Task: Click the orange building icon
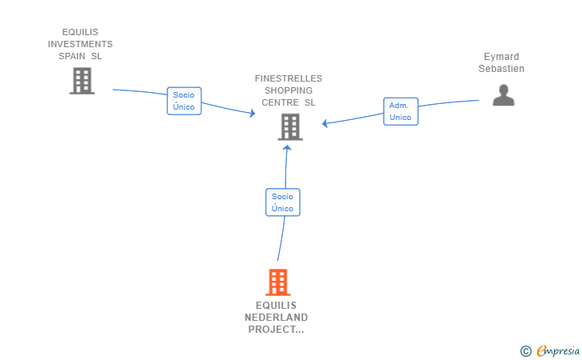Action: click(x=278, y=282)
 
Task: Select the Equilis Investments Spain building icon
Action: click(x=82, y=81)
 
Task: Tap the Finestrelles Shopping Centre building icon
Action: click(x=290, y=127)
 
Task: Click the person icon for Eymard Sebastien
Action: click(x=504, y=95)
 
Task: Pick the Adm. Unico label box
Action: click(x=401, y=111)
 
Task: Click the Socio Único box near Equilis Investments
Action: click(x=184, y=101)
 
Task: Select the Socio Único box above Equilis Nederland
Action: click(x=283, y=202)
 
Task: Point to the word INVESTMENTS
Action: click(x=80, y=44)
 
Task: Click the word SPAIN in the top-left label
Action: click(x=72, y=56)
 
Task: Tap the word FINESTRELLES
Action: click(x=289, y=78)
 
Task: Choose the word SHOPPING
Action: click(x=289, y=90)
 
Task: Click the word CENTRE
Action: click(x=281, y=102)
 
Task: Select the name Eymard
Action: click(x=501, y=57)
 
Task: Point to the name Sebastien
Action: click(x=501, y=69)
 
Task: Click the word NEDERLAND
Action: click(x=276, y=318)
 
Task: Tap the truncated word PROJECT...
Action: click(x=276, y=330)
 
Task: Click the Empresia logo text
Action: click(x=558, y=351)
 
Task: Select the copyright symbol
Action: click(x=526, y=351)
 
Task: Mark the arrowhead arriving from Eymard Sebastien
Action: click(x=325, y=123)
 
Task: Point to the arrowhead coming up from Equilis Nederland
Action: click(x=287, y=147)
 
